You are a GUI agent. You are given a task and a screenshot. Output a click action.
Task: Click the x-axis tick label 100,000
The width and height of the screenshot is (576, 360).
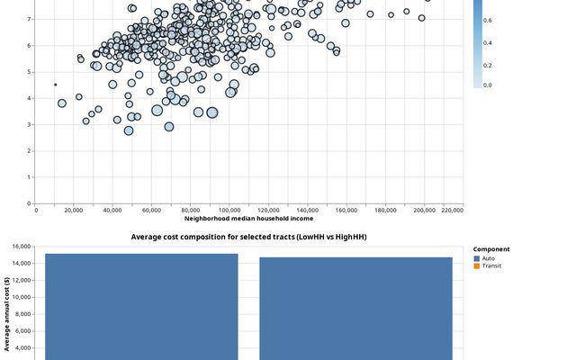click(229, 210)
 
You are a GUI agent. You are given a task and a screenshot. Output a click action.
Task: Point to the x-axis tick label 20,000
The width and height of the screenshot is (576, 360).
click(74, 210)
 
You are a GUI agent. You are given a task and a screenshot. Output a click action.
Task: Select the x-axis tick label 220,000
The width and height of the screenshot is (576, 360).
click(453, 210)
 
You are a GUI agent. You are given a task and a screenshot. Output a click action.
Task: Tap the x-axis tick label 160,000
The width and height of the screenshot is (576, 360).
click(346, 210)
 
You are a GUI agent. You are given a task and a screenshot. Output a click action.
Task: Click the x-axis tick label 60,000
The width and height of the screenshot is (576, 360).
click(151, 210)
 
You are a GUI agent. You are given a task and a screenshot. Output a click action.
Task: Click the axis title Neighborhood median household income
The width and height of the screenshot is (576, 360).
click(249, 219)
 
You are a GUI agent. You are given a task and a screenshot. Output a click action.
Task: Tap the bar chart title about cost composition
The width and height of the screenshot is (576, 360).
click(248, 237)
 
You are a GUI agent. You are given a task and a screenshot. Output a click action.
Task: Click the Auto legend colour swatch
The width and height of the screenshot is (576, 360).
click(477, 258)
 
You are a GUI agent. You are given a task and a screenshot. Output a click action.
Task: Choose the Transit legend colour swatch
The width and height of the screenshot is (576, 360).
click(477, 265)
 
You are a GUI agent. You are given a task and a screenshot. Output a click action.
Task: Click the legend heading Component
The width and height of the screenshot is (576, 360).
click(491, 249)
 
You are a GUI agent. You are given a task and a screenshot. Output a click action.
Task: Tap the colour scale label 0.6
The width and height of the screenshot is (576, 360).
click(487, 20)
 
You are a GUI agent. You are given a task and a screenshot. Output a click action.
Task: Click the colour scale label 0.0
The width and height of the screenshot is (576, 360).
click(487, 85)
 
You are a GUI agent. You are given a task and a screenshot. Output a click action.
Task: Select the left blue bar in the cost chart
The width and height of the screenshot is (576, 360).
click(141, 306)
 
